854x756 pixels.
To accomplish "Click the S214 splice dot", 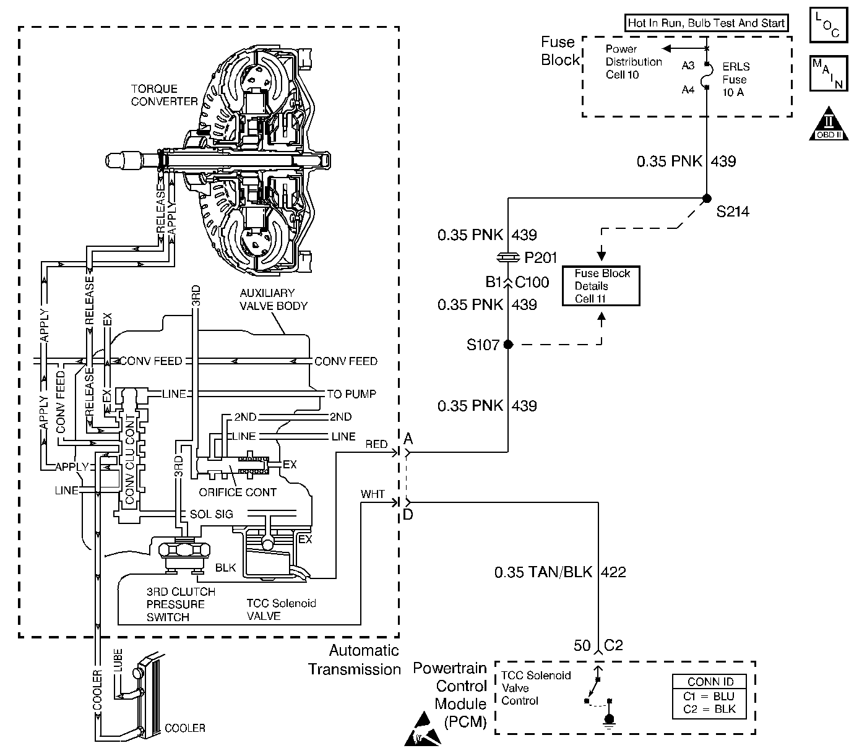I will [x=706, y=199].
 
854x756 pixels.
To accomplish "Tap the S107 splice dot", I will [x=508, y=345].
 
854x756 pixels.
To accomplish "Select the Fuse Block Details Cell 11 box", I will [x=600, y=286].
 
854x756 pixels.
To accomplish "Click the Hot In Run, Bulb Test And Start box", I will [x=706, y=24].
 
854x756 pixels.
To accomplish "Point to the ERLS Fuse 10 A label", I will [x=735, y=79].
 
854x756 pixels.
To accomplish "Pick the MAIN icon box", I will [x=827, y=73].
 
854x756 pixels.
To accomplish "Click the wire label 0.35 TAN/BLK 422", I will [x=559, y=572].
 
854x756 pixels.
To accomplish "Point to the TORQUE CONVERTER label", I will [x=164, y=95].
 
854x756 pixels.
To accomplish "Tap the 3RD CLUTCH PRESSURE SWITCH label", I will [x=176, y=604].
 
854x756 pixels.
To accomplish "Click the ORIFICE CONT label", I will [x=238, y=492].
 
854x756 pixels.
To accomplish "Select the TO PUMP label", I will [x=351, y=394].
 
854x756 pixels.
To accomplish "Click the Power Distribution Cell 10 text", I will [x=633, y=62].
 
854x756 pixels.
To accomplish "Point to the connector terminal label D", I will [x=408, y=514].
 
